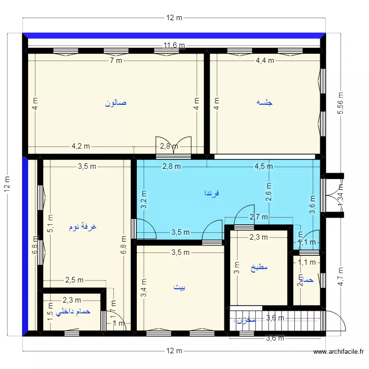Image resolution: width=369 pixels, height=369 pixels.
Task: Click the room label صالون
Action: coord(116,103)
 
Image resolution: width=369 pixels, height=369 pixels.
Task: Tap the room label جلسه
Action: coord(265,103)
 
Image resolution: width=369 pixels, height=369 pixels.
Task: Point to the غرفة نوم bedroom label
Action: coord(83,227)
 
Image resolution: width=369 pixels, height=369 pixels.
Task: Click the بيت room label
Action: coord(180,288)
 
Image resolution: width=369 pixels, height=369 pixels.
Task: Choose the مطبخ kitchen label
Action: coord(259,268)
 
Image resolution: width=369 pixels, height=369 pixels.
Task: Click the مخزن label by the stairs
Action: coord(246,320)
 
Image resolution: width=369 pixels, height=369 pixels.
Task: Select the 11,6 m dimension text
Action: coord(174,46)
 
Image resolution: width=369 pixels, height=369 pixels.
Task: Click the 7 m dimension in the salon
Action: coord(116,61)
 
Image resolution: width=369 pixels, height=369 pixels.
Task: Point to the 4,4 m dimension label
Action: coord(265,61)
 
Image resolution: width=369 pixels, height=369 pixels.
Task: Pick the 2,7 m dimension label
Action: coord(259,217)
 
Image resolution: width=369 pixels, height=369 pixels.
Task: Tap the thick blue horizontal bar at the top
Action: coord(174,35)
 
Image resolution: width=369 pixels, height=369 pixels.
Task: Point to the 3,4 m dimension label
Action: coord(144,288)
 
